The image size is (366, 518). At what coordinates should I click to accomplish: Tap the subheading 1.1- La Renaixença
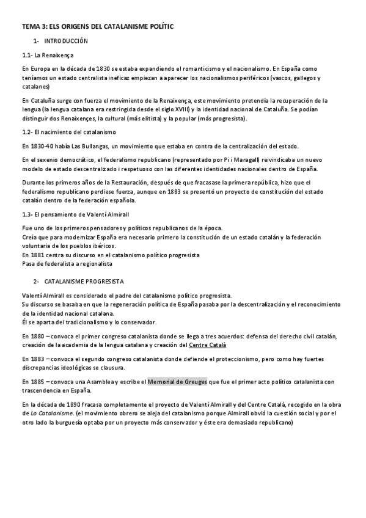tap(43, 55)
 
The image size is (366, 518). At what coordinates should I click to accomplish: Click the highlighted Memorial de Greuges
tap(177, 381)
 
